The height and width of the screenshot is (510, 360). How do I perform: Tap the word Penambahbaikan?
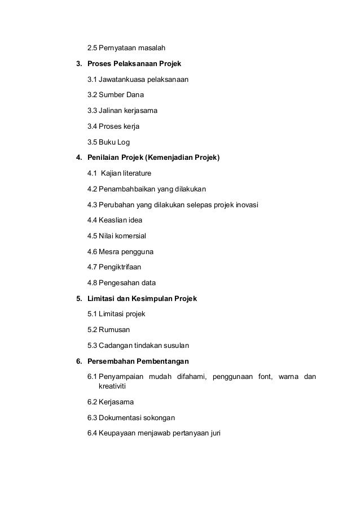click(x=131, y=189)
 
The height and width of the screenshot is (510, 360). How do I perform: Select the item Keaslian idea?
click(x=115, y=220)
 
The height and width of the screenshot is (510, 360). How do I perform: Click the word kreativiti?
click(x=111, y=387)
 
